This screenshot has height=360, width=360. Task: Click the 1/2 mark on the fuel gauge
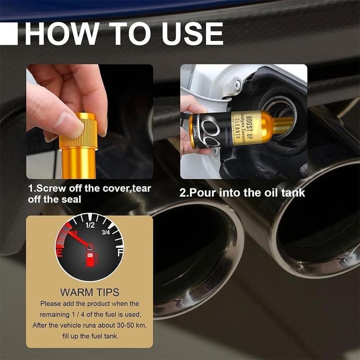tap(90, 225)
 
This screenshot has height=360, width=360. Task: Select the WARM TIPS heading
tap(90, 292)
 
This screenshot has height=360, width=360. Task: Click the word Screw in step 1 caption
tap(49, 188)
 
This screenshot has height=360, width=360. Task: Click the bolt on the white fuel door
tap(237, 84)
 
